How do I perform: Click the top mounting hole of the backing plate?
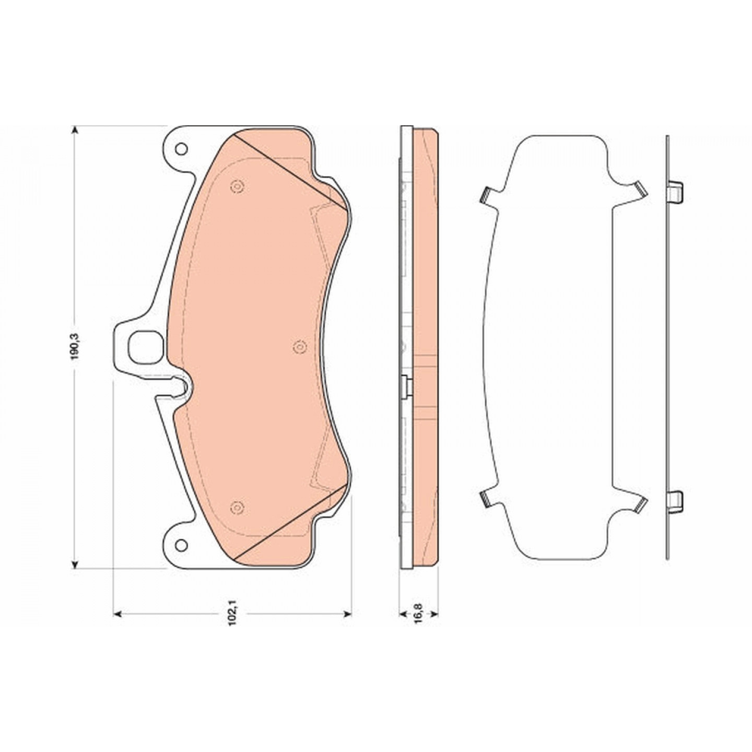pos(181,149)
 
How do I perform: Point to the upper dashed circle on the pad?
pos(237,186)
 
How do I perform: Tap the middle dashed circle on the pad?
pos(299,346)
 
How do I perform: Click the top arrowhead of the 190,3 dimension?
pos(75,131)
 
